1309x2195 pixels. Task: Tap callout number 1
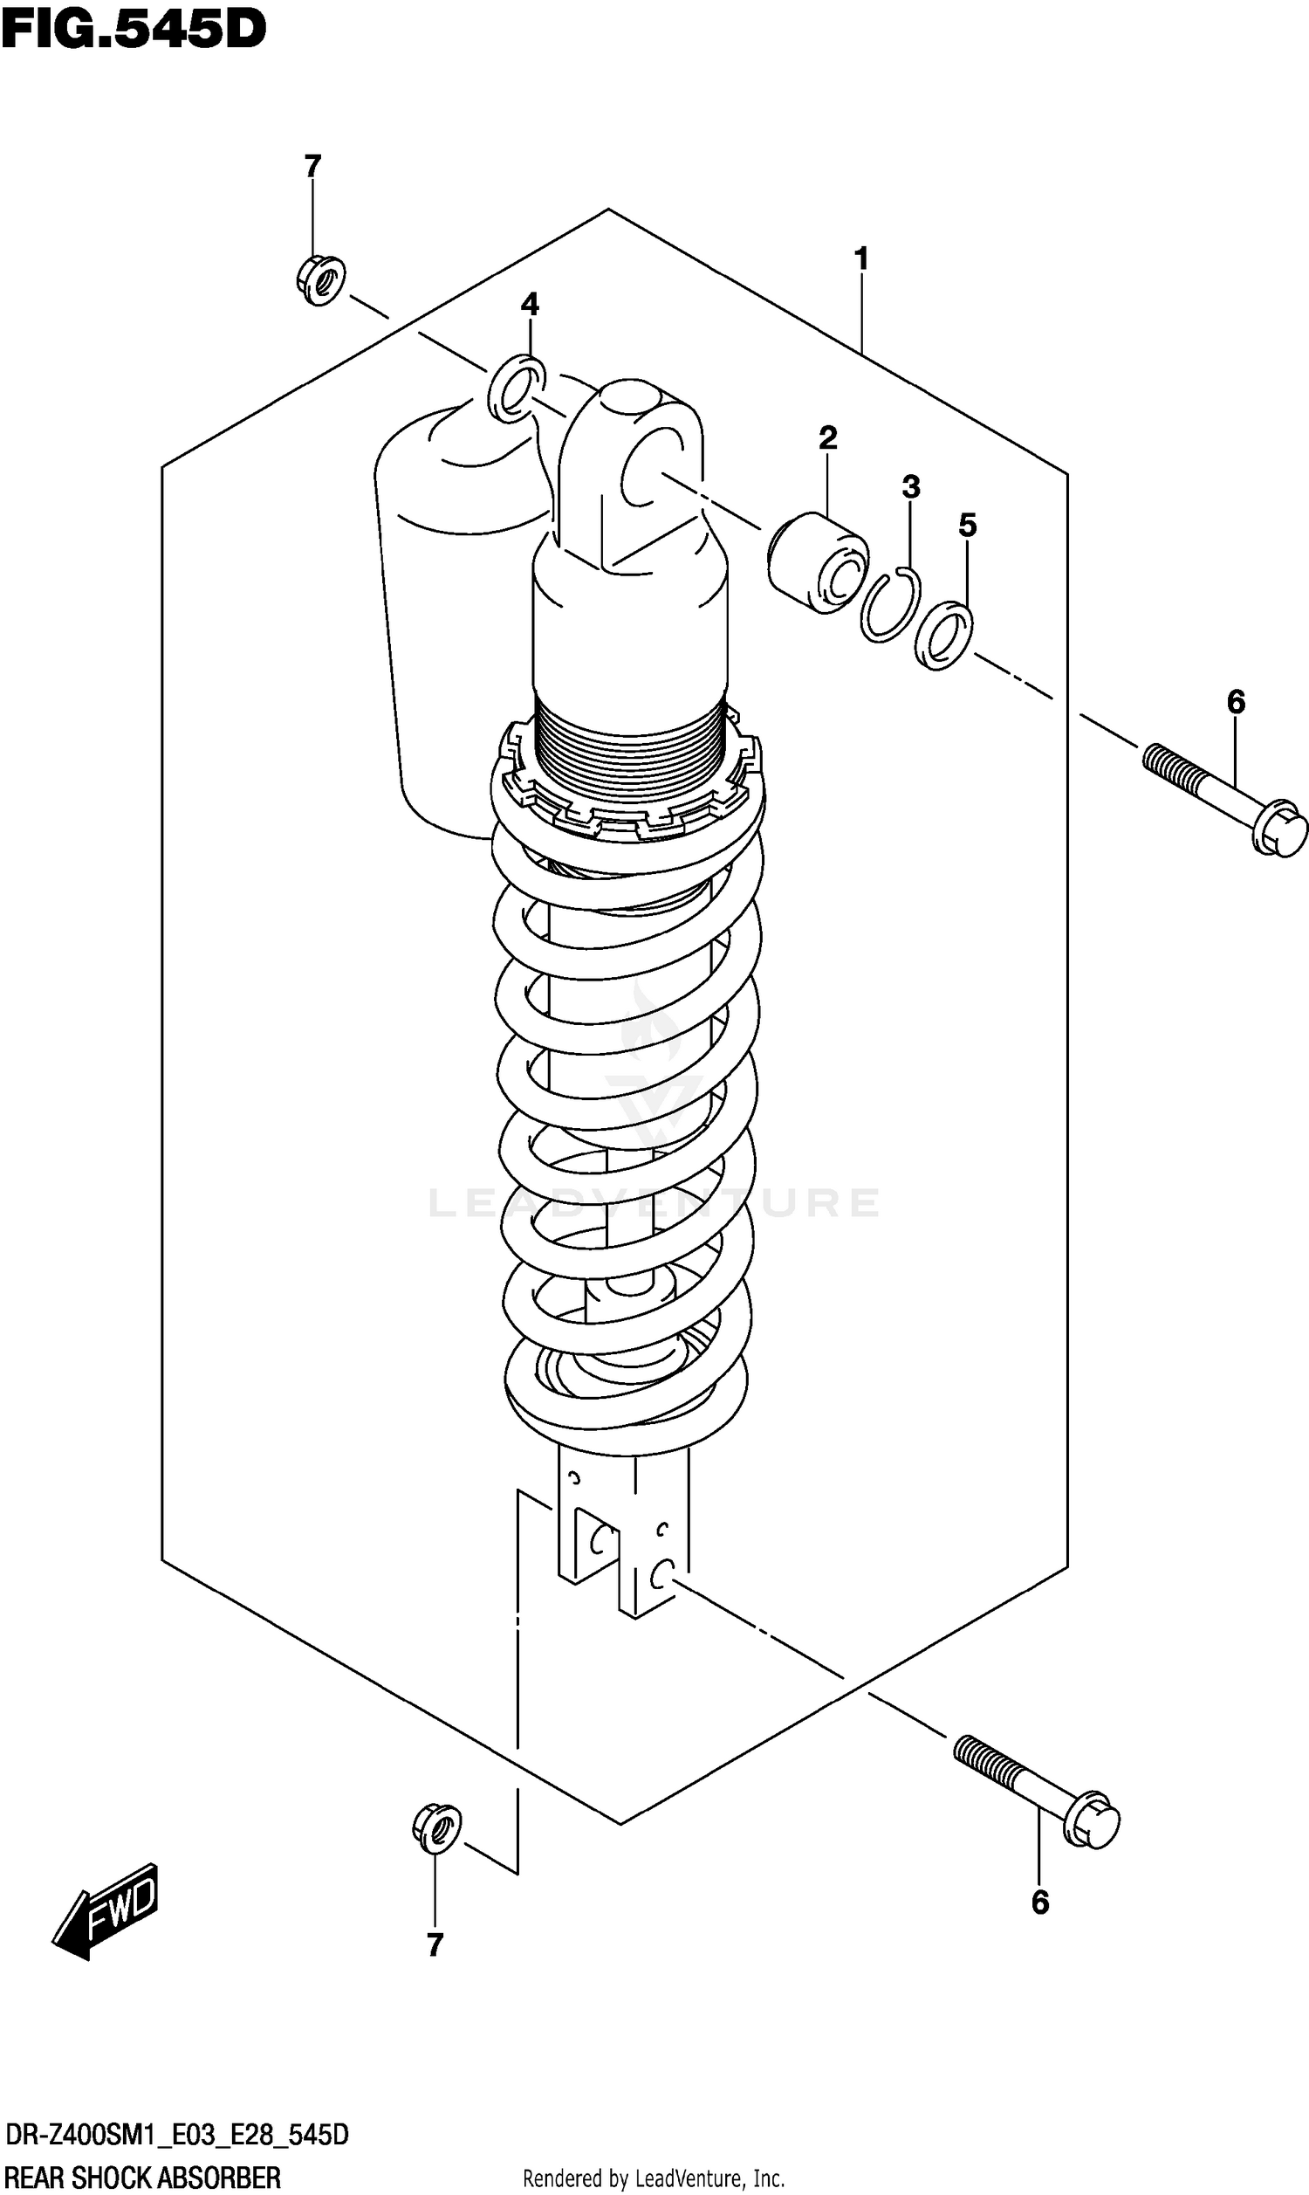862,258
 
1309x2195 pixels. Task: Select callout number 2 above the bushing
827,437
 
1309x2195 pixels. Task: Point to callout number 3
911,486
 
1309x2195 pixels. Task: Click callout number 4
529,305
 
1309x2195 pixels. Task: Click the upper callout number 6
1236,702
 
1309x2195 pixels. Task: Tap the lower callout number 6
1040,1903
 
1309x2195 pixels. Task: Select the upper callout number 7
312,166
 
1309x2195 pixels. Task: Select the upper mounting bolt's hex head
1280,828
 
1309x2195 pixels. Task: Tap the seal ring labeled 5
944,636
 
